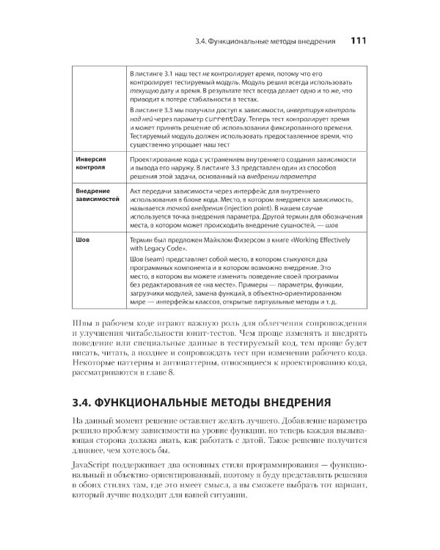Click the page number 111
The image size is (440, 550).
[364, 41]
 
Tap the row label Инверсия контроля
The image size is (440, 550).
[91, 165]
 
